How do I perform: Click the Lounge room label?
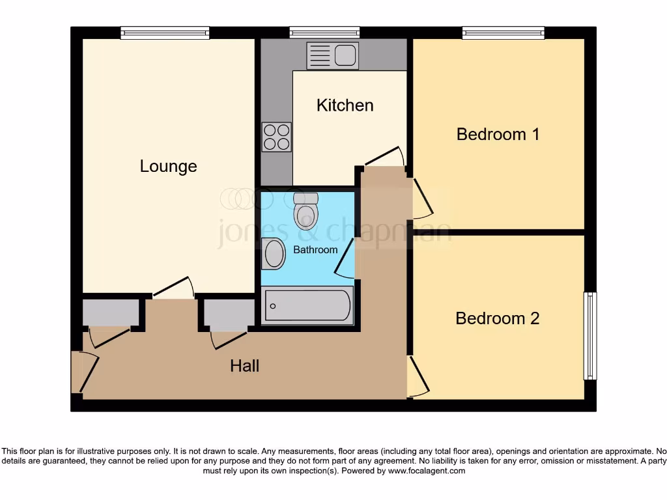pyautogui.click(x=168, y=166)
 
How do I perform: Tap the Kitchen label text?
pyautogui.click(x=345, y=105)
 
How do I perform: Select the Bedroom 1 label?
pyautogui.click(x=498, y=134)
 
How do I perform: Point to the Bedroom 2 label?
pyautogui.click(x=498, y=318)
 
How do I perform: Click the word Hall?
pyautogui.click(x=244, y=366)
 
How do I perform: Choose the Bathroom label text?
pyautogui.click(x=315, y=249)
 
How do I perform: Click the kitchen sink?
pyautogui.click(x=332, y=56)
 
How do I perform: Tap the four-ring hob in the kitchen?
pyautogui.click(x=276, y=137)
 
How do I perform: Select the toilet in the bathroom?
pyautogui.click(x=306, y=210)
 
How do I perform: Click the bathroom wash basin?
pyautogui.click(x=274, y=254)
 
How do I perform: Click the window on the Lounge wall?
pyautogui.click(x=165, y=33)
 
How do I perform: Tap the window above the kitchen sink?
pyautogui.click(x=324, y=33)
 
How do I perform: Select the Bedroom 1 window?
pyautogui.click(x=503, y=33)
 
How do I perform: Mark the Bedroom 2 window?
pyautogui.click(x=589, y=335)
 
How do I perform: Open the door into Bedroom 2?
pyautogui.click(x=417, y=376)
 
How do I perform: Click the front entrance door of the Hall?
pyautogui.click(x=85, y=372)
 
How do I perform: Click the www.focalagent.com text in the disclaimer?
pyautogui.click(x=427, y=471)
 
